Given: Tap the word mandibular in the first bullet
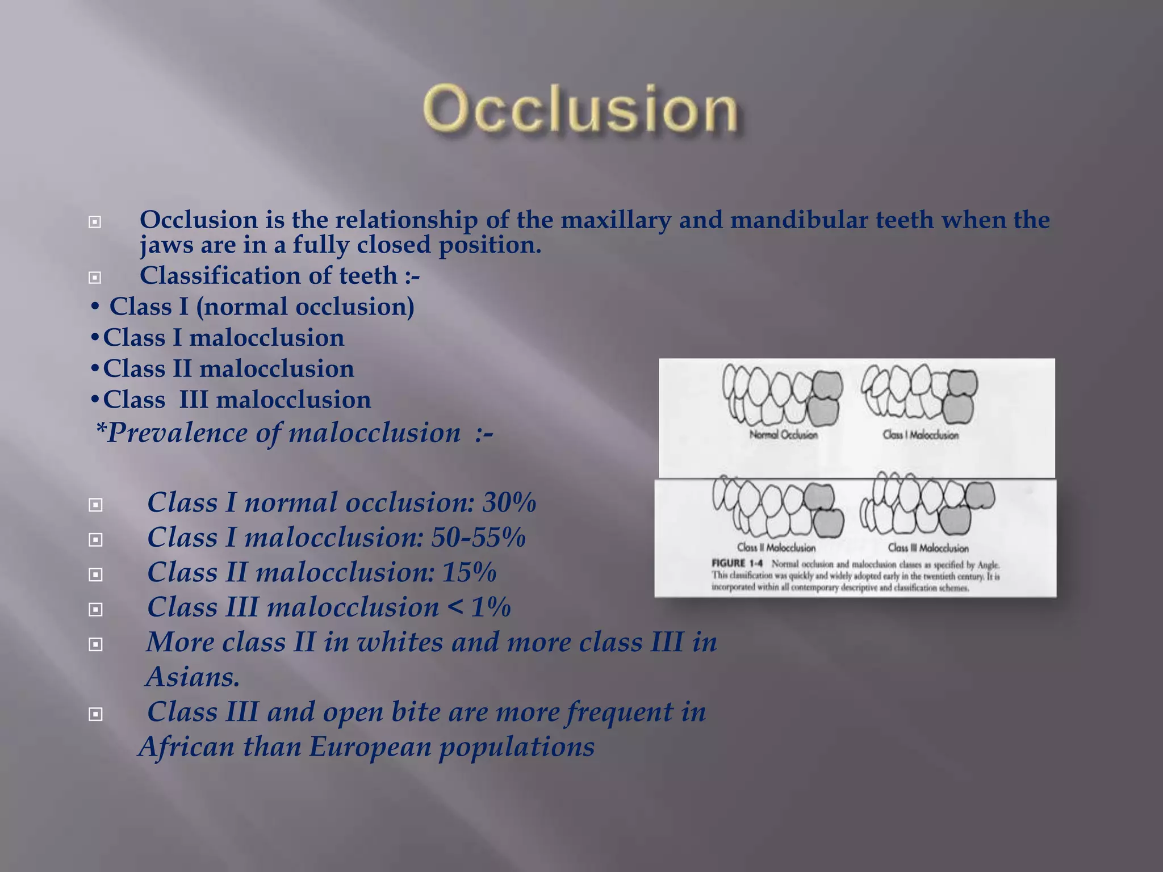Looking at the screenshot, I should tap(798, 220).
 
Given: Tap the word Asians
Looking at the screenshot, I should tap(193, 677).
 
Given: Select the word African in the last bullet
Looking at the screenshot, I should tap(186, 747).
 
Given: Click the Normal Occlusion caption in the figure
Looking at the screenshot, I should tap(784, 435).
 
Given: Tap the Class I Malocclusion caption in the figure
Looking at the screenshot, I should tap(921, 435).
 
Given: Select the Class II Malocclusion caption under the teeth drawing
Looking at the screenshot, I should tap(776, 548).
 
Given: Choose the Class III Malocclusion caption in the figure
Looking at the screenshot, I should tap(928, 548).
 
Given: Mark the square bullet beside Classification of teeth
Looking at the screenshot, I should tap(95, 278).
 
